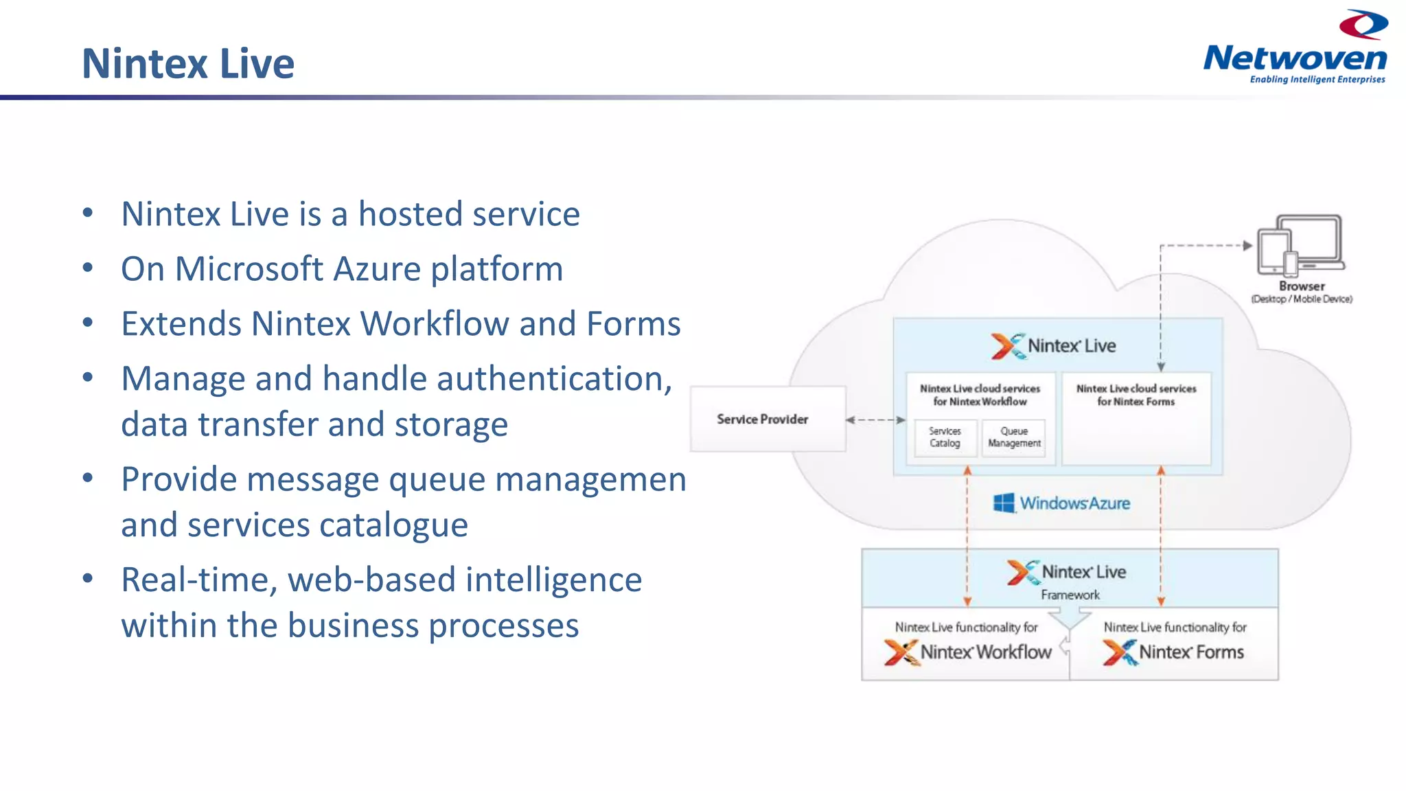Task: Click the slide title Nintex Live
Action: (187, 63)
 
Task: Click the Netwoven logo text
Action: (1295, 58)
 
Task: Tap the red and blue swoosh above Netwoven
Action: (1363, 25)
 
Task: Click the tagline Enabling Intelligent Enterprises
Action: (1317, 80)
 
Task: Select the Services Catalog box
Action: (945, 437)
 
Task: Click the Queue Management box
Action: (1014, 437)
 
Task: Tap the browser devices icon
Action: (1300, 246)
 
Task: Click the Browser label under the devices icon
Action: (1302, 286)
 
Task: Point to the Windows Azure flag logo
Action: (1004, 503)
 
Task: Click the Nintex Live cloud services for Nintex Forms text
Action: (1136, 395)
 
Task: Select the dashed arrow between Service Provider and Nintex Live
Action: (875, 420)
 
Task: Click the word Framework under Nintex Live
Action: (1070, 595)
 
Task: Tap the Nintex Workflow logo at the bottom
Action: (968, 652)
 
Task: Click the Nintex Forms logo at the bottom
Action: (1173, 652)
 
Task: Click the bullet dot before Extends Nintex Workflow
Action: (87, 323)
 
